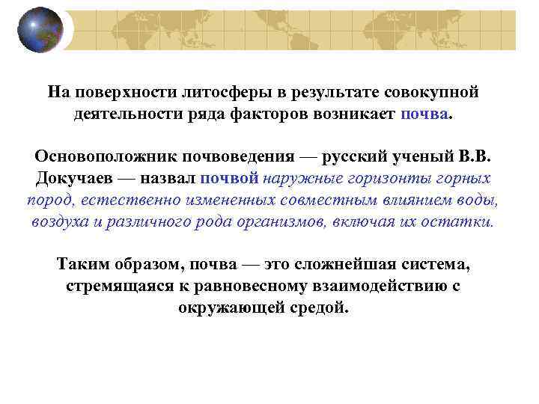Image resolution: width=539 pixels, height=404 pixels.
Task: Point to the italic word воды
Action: (477, 201)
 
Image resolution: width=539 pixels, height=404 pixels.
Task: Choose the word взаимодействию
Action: (379, 287)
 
